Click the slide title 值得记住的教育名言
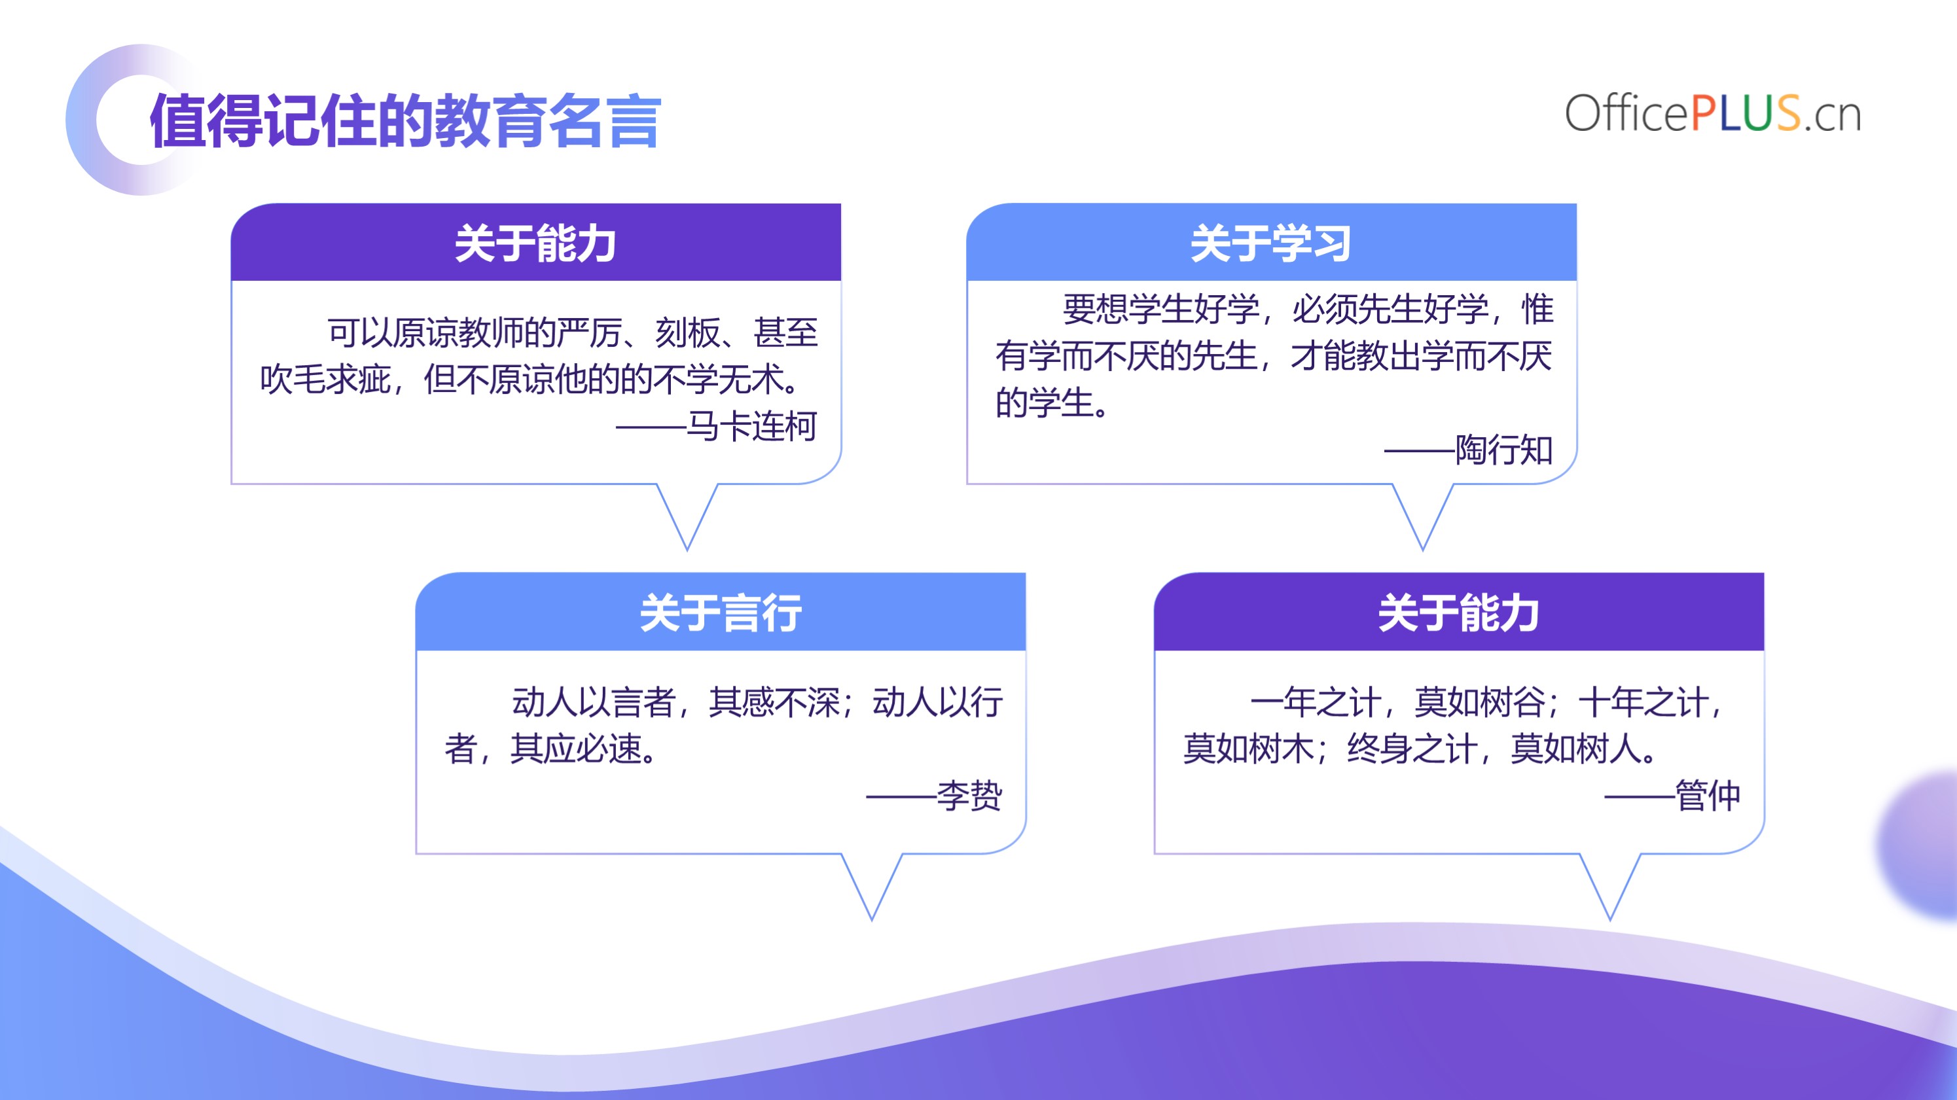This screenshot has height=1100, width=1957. [x=406, y=121]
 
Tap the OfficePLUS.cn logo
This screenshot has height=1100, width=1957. [x=1712, y=114]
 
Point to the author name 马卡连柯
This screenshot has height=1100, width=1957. [x=751, y=426]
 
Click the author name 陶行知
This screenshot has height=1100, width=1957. [x=1504, y=450]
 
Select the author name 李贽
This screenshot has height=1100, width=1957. [x=969, y=795]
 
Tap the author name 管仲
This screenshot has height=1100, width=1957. [x=1708, y=795]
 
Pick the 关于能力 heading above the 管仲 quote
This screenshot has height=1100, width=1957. [x=1459, y=612]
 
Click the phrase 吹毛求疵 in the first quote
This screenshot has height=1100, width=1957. [x=325, y=379]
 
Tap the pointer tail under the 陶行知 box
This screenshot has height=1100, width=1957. [x=1423, y=516]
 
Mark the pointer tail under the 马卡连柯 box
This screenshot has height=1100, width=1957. [x=687, y=516]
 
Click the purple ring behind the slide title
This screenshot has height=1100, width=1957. [x=81, y=120]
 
